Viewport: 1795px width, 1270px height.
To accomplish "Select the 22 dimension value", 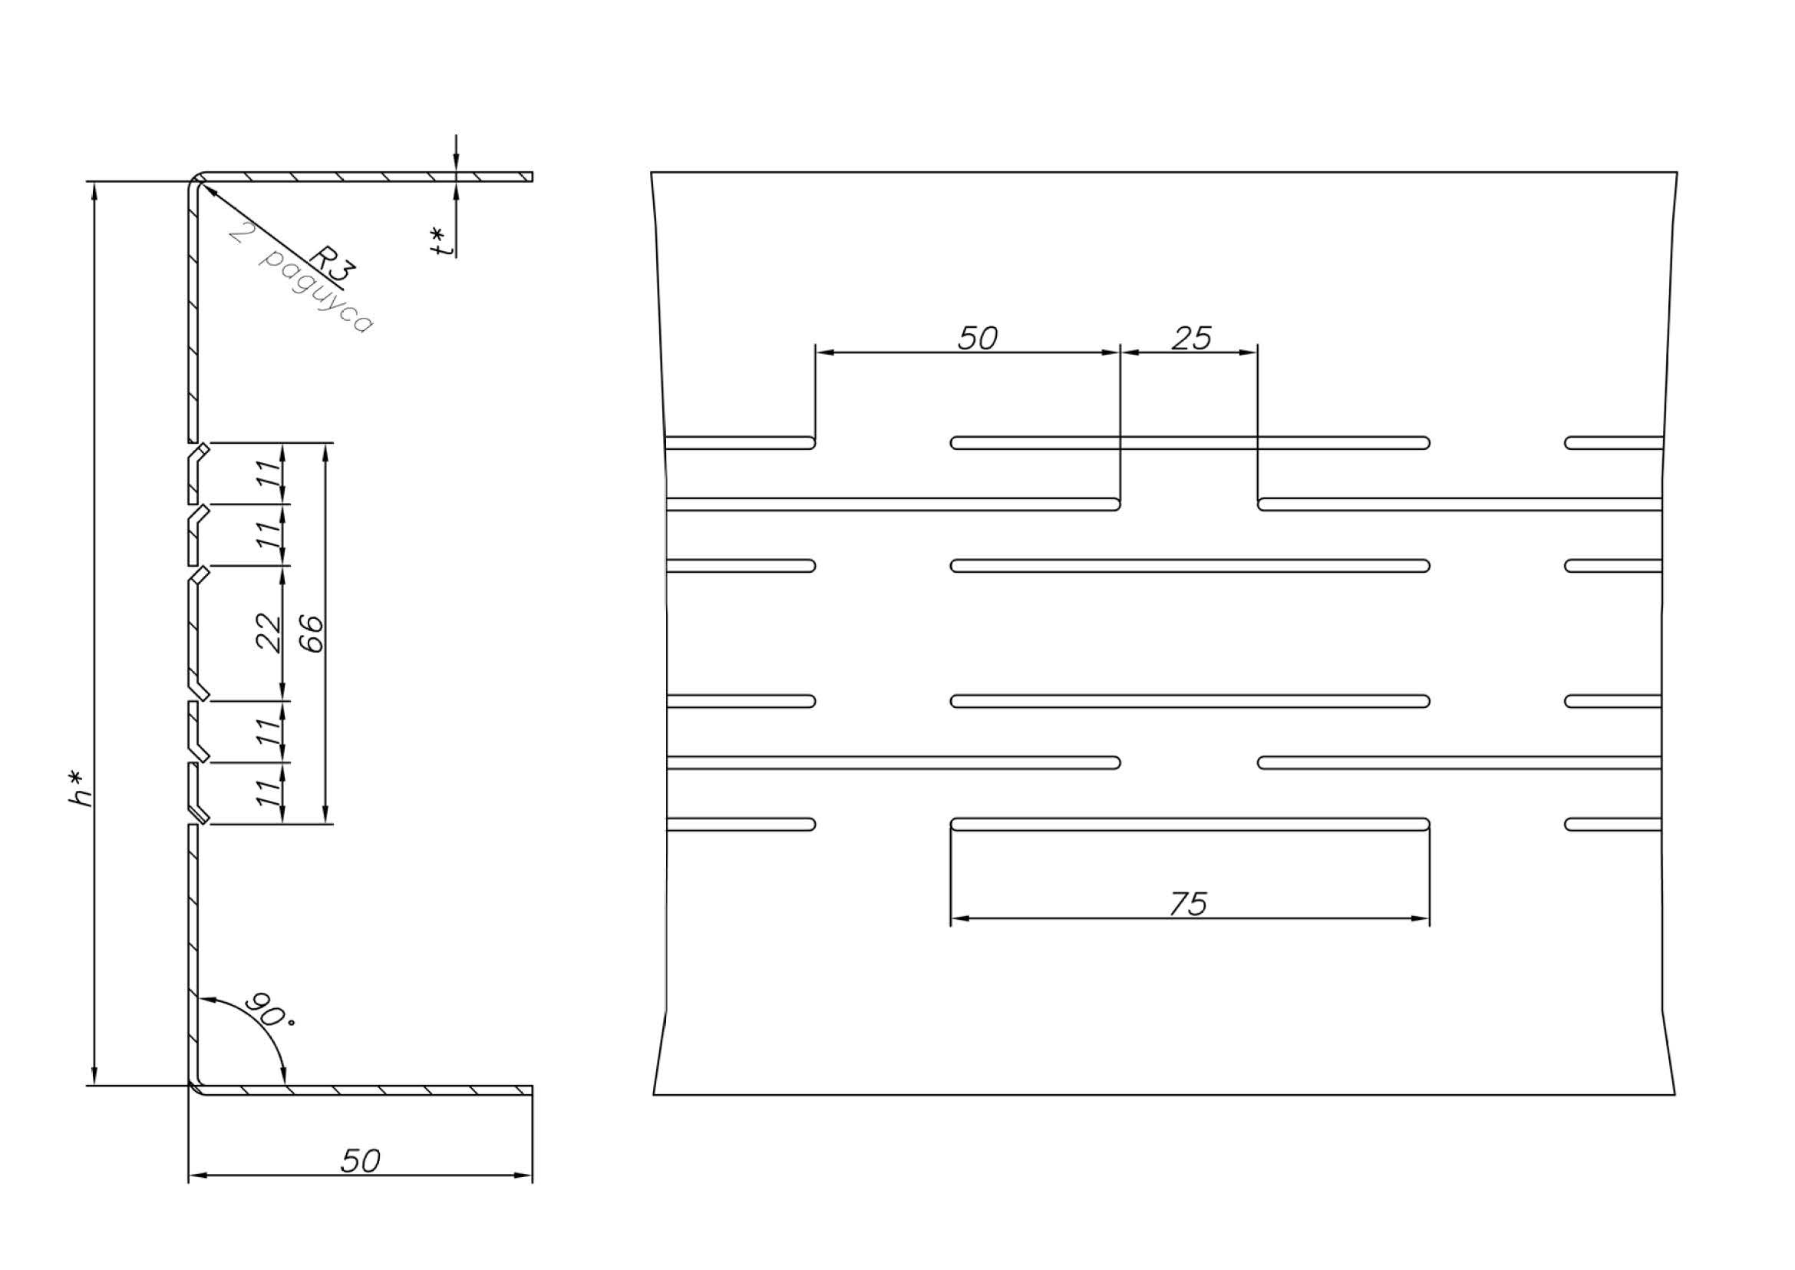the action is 268,633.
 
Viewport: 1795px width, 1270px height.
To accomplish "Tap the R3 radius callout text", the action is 333,263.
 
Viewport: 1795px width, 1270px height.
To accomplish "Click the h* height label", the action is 81,789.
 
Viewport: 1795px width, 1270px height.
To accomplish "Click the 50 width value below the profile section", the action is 361,1161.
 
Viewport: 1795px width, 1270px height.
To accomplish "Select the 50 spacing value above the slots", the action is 977,338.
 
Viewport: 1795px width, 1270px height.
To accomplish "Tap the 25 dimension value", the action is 1192,338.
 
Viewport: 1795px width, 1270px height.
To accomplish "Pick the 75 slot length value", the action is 1188,904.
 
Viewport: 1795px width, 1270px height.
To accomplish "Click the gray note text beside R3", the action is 301,279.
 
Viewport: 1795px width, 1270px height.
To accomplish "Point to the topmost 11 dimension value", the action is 268,474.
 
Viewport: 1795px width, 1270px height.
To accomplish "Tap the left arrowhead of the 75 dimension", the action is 960,918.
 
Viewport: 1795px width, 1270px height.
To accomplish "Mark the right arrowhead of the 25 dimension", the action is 1248,352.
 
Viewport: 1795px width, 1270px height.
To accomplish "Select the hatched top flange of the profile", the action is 365,177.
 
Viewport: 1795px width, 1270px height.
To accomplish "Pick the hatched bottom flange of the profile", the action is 365,1090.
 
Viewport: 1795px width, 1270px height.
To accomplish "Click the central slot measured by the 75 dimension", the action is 1190,823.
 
